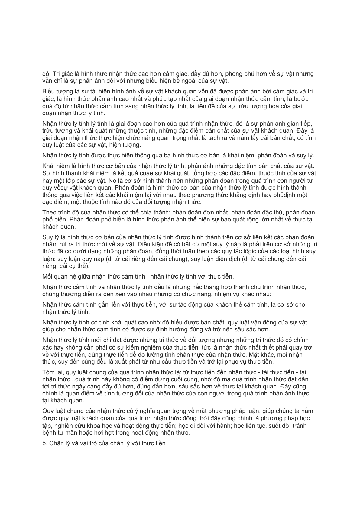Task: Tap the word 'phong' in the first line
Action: (233, 74)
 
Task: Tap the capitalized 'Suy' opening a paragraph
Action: (47, 237)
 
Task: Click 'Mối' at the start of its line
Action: (47, 276)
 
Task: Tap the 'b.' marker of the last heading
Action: (45, 443)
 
